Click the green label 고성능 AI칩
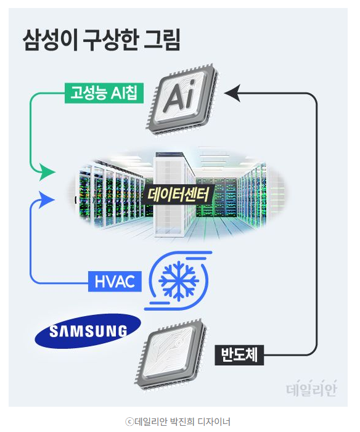click(104, 93)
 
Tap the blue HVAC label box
click(115, 281)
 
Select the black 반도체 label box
click(239, 355)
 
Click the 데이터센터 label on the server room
click(178, 195)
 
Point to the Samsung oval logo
click(88, 331)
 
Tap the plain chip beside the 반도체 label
click(171, 354)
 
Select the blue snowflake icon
click(179, 281)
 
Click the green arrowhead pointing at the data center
click(46, 172)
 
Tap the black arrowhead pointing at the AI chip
click(233, 93)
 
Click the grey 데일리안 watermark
click(311, 388)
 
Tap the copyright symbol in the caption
click(129, 422)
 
